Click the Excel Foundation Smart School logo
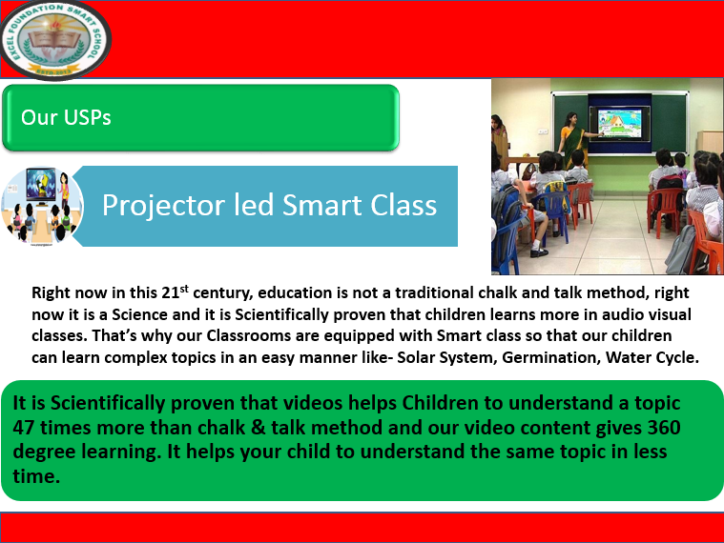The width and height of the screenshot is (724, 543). pyautogui.click(x=55, y=40)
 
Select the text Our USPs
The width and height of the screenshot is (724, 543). pyautogui.click(x=66, y=118)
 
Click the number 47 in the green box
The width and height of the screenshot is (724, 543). pyautogui.click(x=26, y=428)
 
